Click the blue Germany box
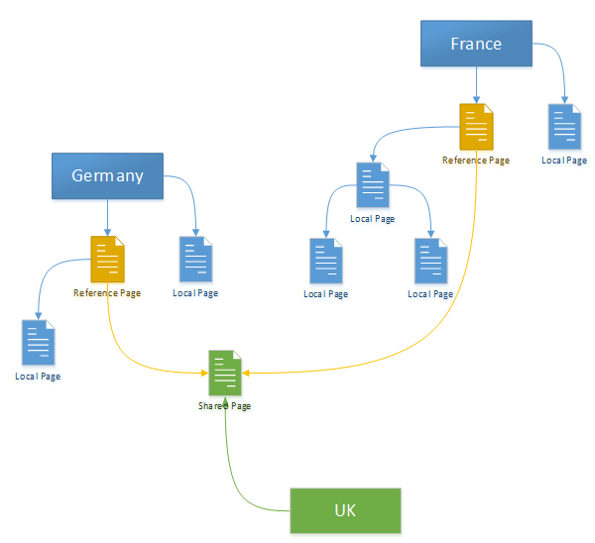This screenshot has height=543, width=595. tap(107, 175)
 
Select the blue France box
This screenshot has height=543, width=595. tap(476, 44)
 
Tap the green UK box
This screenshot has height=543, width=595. tap(345, 511)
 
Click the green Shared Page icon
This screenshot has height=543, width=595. tap(225, 374)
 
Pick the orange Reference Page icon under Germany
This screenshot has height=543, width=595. tap(107, 259)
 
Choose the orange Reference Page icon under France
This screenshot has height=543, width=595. tap(476, 127)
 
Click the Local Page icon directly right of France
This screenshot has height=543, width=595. tap(564, 127)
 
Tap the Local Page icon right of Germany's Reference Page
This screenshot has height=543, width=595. tap(195, 260)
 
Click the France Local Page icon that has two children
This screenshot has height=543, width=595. tap(372, 185)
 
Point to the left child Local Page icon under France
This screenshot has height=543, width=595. tap(326, 262)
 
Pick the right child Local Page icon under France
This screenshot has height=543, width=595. tap(430, 262)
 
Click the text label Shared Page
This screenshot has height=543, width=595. tap(225, 406)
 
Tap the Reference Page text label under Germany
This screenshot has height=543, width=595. tap(107, 293)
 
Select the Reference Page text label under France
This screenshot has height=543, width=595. tap(476, 161)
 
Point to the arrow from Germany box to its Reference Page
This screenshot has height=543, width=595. tap(107, 216)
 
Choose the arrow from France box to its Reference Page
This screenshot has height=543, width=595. tap(476, 84)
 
